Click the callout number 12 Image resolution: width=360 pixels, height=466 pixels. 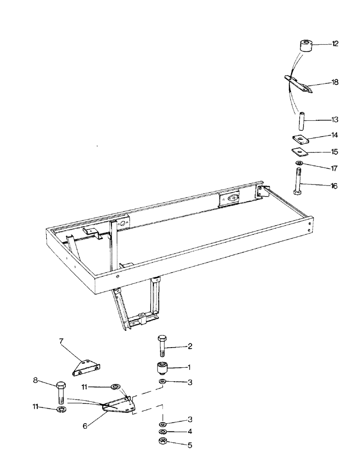pyautogui.click(x=335, y=44)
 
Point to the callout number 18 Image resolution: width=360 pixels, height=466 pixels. pyautogui.click(x=335, y=82)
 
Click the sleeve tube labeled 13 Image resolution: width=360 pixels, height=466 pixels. pyautogui.click(x=301, y=121)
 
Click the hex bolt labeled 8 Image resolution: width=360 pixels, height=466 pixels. pyautogui.click(x=62, y=392)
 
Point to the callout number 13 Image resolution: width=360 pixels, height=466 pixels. pyautogui.click(x=335, y=120)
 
